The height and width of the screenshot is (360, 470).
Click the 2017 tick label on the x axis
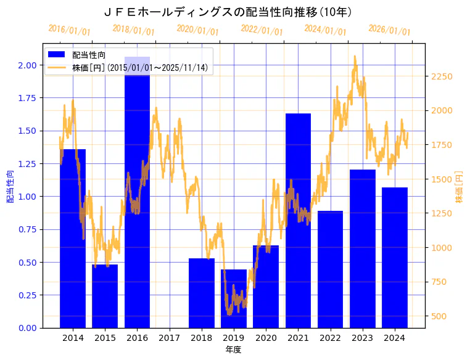click(169, 338)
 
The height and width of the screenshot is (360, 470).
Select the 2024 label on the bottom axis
click(394, 338)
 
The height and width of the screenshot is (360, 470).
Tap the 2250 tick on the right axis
click(441, 76)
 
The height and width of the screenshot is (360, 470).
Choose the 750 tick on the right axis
click(439, 282)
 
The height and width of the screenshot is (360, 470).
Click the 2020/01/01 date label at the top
click(197, 30)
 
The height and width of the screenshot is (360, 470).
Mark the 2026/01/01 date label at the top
click(389, 30)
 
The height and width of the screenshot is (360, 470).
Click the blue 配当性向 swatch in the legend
click(57, 55)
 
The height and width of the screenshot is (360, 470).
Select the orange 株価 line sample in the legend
click(57, 67)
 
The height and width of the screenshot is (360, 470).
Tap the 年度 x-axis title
click(233, 350)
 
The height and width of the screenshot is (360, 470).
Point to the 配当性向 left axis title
click(10, 186)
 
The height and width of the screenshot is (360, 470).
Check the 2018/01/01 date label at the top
click(133, 30)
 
